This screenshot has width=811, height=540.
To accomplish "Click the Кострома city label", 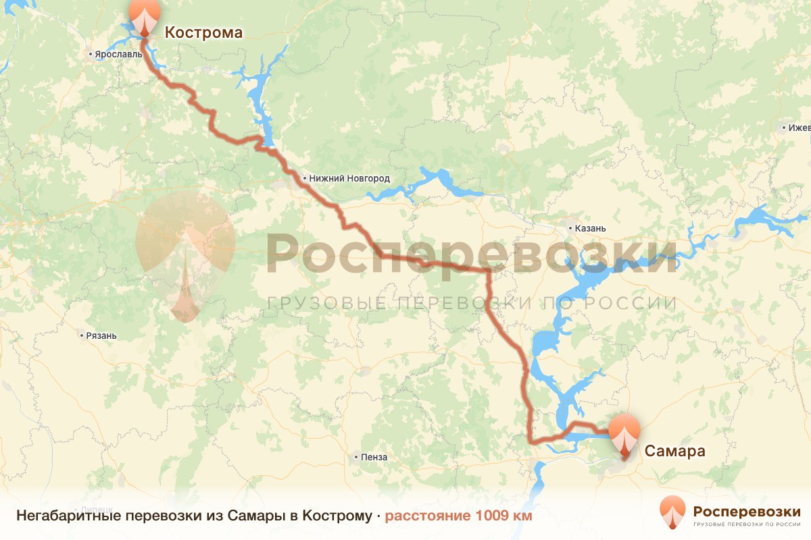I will (203, 32).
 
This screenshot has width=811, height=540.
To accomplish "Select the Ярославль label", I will (118, 53).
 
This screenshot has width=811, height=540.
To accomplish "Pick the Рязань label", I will (102, 335).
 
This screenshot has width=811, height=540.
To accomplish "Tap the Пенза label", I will (374, 457).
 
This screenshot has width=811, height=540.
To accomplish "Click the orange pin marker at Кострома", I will (145, 18).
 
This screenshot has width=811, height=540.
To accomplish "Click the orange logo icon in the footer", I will (672, 512).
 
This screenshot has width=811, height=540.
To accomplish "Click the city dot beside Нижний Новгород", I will (305, 178).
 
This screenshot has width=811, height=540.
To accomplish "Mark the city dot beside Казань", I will (570, 227).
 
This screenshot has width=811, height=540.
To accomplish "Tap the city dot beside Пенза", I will (355, 457).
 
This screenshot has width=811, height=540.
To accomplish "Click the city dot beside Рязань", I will (81, 335).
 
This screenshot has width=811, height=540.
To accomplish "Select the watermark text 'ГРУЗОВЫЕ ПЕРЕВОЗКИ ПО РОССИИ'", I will (471, 303).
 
